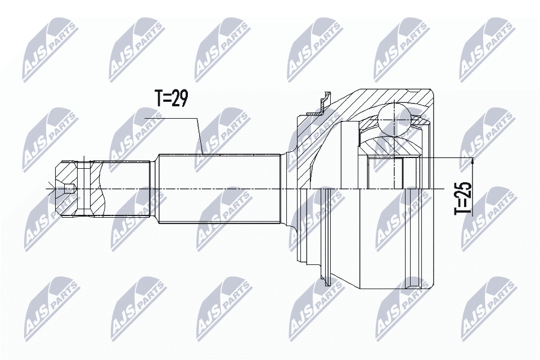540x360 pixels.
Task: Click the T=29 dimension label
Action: tap(170, 98)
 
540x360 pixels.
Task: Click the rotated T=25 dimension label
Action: tap(463, 196)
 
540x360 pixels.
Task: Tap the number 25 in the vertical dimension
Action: tap(463, 188)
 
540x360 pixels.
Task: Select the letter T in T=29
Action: tap(159, 98)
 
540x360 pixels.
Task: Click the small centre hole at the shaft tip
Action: tap(69, 189)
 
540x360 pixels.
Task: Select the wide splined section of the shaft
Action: tap(219, 188)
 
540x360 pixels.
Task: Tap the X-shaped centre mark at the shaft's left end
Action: tap(52, 189)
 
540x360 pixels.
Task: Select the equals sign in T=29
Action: tap(168, 99)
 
